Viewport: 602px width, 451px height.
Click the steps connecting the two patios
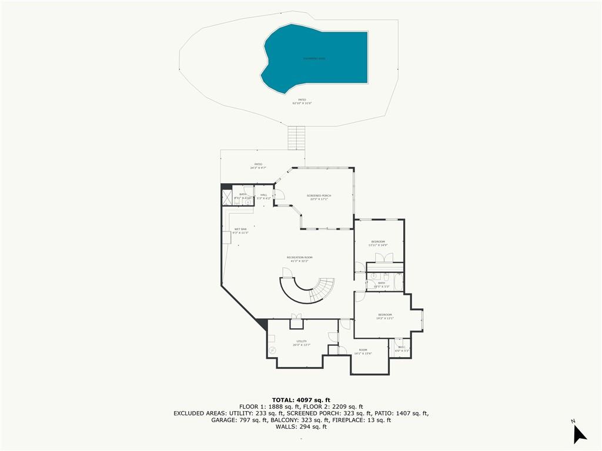[x=296, y=138]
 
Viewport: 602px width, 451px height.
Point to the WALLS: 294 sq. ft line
[x=301, y=427]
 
